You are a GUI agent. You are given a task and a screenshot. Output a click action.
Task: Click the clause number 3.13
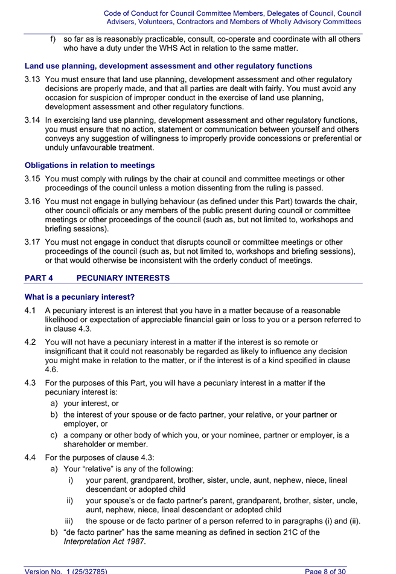click(33, 79)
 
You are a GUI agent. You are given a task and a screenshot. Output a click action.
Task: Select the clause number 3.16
click(33, 202)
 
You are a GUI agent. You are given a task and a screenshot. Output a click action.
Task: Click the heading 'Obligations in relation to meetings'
click(89, 165)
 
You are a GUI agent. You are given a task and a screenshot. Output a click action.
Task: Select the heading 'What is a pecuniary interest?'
click(79, 297)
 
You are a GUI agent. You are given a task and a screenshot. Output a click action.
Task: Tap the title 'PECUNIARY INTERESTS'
click(123, 278)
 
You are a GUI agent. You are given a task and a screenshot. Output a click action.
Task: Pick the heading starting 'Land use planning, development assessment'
click(168, 66)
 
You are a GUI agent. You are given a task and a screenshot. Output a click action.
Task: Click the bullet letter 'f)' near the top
click(53, 39)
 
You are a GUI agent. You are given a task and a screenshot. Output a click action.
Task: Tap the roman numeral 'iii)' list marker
click(71, 521)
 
